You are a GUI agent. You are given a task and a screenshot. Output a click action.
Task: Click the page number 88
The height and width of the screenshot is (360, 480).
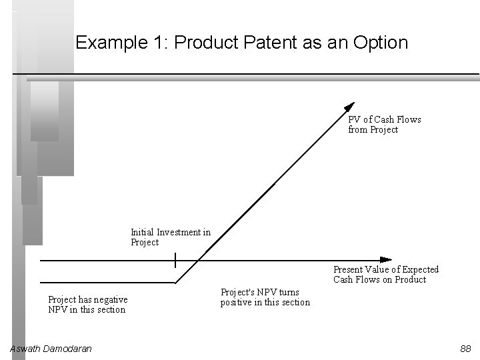465,349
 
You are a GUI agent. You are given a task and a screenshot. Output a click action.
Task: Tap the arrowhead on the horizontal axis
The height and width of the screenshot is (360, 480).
385,259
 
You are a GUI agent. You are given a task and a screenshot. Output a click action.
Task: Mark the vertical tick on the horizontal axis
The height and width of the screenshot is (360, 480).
175,259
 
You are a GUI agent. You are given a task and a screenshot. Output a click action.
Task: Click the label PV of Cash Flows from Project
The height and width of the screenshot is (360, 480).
384,125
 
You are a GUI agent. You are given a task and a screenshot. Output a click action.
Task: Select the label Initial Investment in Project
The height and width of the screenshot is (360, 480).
170,237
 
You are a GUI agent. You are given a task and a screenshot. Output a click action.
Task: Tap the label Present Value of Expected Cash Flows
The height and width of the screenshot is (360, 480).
385,274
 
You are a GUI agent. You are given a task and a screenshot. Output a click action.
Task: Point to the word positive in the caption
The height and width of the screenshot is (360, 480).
237,303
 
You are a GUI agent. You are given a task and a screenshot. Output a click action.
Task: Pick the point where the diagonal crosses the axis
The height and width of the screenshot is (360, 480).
198,259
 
